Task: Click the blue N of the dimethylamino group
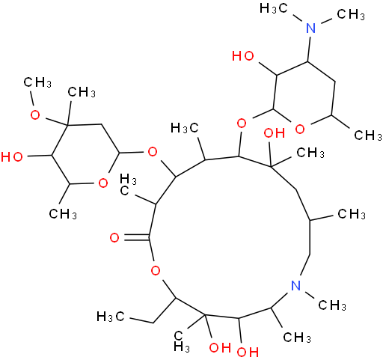310,28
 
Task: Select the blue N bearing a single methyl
296,285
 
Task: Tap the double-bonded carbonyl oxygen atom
114,238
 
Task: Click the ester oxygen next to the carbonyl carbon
156,270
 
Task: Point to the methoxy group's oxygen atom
35,115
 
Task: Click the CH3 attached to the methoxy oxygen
37,82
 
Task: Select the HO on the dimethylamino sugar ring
243,56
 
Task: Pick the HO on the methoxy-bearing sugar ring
12,157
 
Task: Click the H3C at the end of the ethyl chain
110,317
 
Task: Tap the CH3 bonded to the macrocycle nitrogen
332,305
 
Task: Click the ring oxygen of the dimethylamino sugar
300,129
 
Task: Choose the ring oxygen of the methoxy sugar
102,183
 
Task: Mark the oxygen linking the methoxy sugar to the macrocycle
153,151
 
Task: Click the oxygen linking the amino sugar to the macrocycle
242,123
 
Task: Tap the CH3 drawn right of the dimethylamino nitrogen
351,14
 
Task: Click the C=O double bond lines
136,237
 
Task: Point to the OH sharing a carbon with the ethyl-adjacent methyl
220,347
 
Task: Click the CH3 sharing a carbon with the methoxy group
82,92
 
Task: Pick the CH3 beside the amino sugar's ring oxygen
368,135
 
